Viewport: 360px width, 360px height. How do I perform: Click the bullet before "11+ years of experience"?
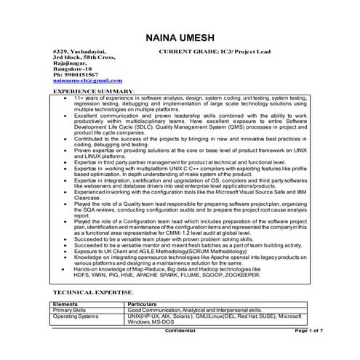pos(66,97)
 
